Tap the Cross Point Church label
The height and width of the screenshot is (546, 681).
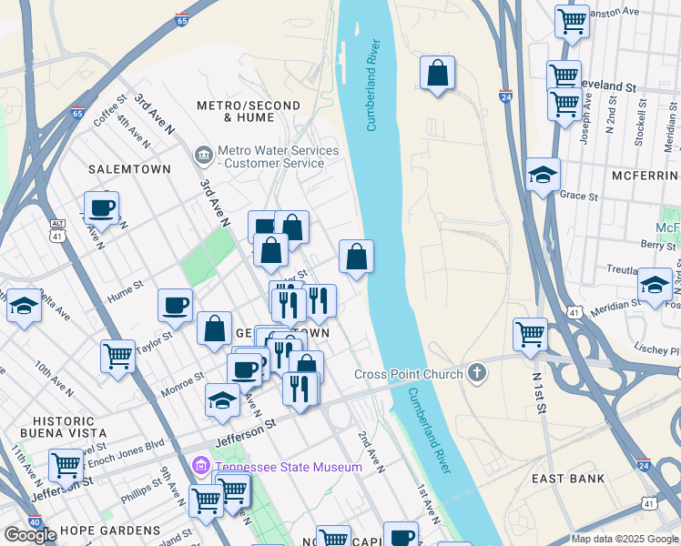point(409,374)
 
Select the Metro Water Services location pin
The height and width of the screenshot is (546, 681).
point(202,157)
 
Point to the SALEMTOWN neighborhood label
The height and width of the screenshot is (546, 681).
point(124,169)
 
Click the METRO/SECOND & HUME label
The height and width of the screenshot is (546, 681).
point(249,112)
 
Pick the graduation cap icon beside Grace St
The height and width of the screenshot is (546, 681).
point(543,175)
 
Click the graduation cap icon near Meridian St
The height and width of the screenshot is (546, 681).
point(655,284)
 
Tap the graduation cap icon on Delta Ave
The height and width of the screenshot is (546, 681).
point(23,306)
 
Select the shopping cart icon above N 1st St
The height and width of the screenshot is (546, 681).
point(530,333)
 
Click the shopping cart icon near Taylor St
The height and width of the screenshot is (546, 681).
point(117,356)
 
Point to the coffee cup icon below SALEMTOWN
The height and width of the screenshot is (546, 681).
point(102,207)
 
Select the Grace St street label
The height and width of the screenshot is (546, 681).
point(579,196)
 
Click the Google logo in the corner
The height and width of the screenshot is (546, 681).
point(30,535)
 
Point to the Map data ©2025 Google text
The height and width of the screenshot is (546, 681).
point(624,539)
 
